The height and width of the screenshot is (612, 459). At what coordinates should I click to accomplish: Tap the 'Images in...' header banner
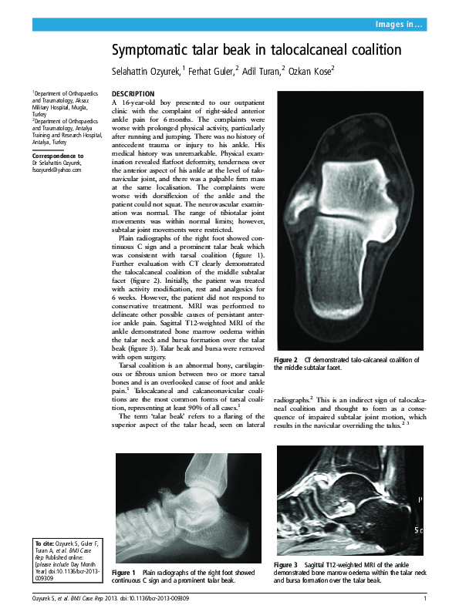pos(398,25)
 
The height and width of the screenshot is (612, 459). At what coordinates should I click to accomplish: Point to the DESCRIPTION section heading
pos(133,93)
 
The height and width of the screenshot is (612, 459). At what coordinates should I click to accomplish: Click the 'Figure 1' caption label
pos(123,573)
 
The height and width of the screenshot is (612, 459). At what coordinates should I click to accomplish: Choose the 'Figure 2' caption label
pos(286,361)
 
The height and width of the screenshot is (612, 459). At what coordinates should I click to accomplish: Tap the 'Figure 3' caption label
pos(285,566)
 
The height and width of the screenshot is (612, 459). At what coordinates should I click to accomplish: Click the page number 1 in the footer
pos(425,599)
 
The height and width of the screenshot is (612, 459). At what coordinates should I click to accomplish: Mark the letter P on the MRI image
pos(420,500)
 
